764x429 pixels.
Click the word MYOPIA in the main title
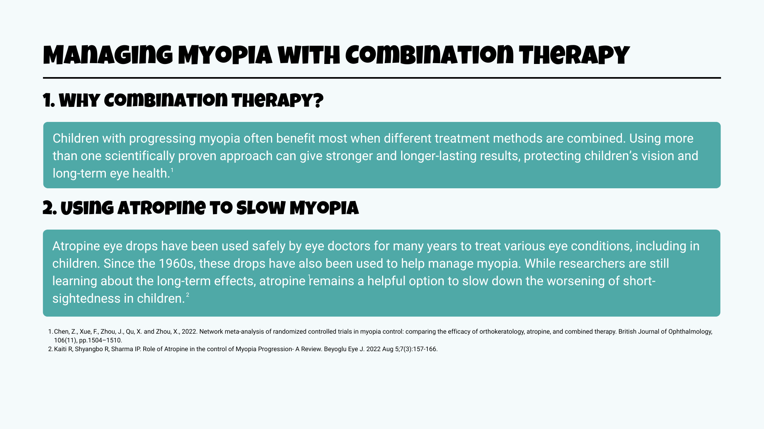[225, 56]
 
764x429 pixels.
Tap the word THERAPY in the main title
[574, 56]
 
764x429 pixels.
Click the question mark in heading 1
[318, 101]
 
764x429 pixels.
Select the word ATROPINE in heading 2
[162, 208]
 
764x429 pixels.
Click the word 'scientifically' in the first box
[140, 156]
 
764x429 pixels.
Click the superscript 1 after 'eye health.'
[172, 170]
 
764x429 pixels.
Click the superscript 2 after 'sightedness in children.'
[187, 295]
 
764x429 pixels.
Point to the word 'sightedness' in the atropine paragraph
[93, 298]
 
